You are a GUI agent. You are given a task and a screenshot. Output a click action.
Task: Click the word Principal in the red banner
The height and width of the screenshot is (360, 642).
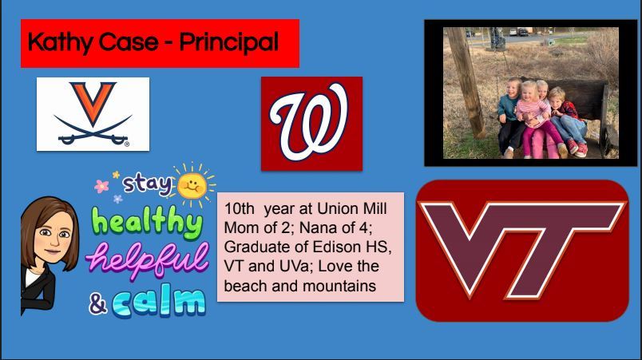tap(229, 42)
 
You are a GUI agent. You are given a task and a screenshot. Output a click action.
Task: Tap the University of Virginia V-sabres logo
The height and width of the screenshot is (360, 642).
tap(93, 114)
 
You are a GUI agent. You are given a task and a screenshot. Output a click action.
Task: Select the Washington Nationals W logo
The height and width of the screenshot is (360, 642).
tap(311, 123)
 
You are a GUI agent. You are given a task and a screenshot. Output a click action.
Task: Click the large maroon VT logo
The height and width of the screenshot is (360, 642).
tap(522, 251)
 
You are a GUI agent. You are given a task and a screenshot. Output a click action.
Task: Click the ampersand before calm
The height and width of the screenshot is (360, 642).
tap(98, 305)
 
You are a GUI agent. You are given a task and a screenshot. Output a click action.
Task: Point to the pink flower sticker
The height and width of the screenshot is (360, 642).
tap(102, 187)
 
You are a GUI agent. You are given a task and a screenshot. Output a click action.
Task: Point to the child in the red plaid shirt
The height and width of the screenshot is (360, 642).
tap(567, 121)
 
